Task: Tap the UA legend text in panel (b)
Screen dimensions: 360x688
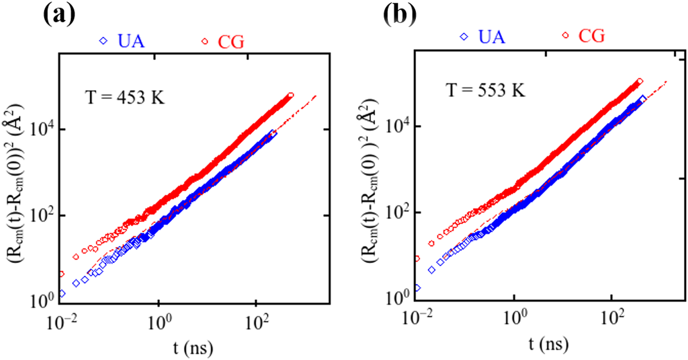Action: coord(489,37)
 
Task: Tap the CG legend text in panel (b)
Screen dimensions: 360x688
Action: coord(591,37)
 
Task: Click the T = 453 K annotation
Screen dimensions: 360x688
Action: coord(124,96)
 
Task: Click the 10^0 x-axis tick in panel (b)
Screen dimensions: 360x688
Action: coord(515,318)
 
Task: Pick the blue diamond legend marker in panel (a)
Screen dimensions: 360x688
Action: coord(104,41)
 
